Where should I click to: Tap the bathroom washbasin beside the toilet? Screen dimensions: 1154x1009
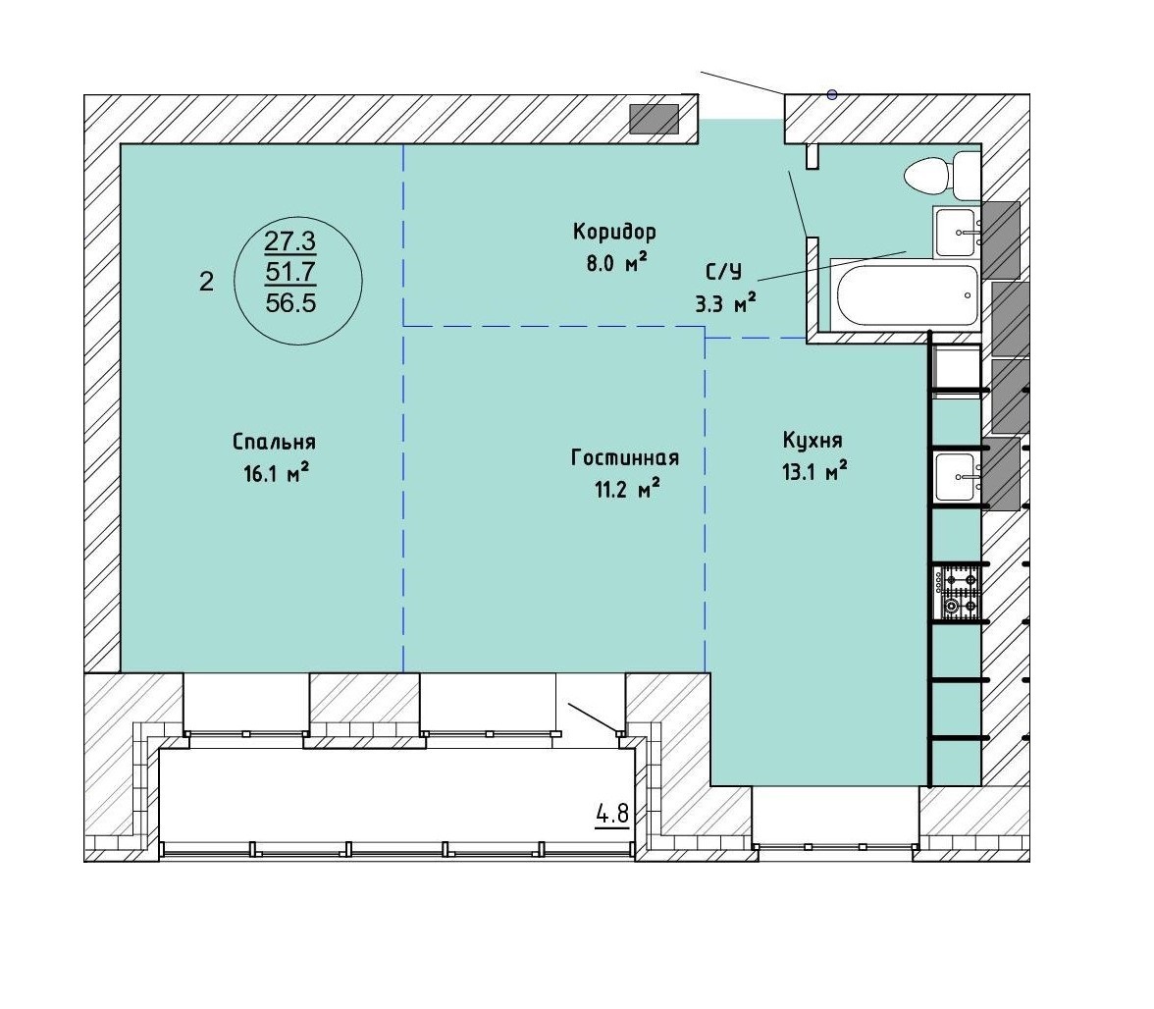coord(958,231)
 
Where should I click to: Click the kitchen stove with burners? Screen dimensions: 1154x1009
coord(957,593)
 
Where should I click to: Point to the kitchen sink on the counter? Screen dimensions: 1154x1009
coord(958,477)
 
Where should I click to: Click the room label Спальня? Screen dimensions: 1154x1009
coord(274,443)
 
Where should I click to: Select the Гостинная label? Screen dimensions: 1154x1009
coord(625,457)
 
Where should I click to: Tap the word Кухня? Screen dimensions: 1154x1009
coord(813,440)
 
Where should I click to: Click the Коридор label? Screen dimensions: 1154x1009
coord(614,233)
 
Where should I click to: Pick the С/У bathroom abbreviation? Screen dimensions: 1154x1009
coord(724,272)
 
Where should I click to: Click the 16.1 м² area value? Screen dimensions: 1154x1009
coord(275,473)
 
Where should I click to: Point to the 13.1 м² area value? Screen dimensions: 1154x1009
coord(814,471)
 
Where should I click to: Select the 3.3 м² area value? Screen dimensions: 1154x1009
coord(726,302)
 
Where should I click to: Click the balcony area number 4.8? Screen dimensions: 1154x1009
coord(612,814)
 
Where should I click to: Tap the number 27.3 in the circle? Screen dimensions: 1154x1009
coord(290,240)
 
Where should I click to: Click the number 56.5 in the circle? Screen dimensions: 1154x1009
coord(290,302)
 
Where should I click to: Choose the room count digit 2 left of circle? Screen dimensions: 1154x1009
coord(206,281)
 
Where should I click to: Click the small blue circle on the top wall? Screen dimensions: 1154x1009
coord(832,94)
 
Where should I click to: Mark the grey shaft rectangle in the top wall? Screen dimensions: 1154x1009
coord(655,119)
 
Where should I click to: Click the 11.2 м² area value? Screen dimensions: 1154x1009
coord(626,488)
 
